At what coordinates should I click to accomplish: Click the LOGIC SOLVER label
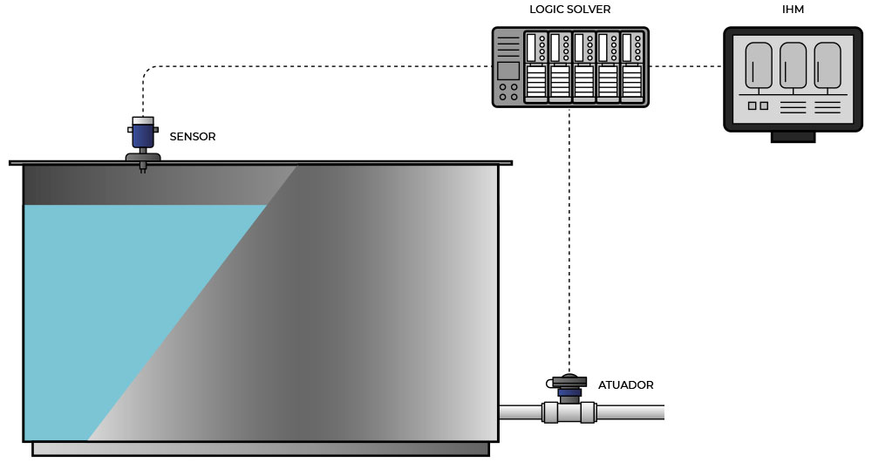click(569, 10)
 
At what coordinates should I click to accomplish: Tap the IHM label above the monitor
click(794, 10)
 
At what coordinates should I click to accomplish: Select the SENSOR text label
click(192, 137)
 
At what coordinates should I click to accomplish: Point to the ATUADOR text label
click(625, 385)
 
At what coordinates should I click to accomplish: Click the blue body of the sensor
click(143, 135)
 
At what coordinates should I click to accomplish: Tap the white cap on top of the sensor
click(143, 119)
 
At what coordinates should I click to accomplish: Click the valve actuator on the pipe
click(569, 386)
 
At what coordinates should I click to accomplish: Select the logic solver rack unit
click(569, 67)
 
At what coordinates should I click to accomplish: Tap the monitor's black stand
click(793, 137)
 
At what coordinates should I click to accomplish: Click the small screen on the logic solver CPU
click(508, 71)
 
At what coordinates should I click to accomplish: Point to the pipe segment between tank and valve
click(520, 412)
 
